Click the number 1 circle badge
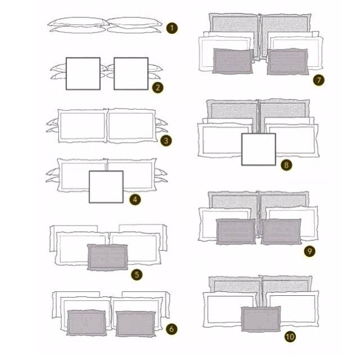coord(172,29)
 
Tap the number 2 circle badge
coord(157,88)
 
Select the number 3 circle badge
coord(166,141)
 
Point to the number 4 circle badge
coord(135,200)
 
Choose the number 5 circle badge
coord(137,274)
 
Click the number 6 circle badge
coord(172,329)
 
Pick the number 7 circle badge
coord(318,80)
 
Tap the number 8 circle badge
coord(286,165)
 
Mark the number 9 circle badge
coord(310,251)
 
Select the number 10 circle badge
coord(290,337)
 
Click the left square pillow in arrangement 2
coord(83,74)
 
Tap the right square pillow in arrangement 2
coord(131,74)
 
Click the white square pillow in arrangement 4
coord(106,187)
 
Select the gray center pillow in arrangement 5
coord(107,258)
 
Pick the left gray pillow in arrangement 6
coord(87,322)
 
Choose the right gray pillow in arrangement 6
coord(136,324)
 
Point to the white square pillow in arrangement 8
coord(259,149)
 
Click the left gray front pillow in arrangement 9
coord(236,232)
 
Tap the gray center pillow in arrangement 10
coord(261,319)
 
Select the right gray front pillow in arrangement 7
coord(287,61)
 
